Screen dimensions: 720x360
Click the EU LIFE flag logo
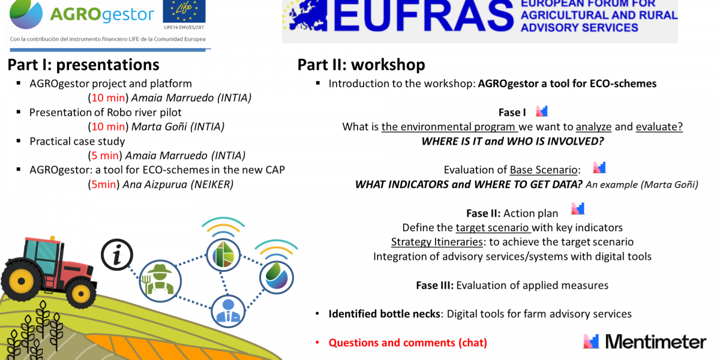tap(184, 11)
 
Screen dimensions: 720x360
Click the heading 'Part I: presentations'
tap(83, 65)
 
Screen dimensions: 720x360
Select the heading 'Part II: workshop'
tap(361, 65)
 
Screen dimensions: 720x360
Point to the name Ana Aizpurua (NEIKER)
tap(178, 185)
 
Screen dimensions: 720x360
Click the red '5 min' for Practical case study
tap(105, 155)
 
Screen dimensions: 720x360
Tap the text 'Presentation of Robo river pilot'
tap(106, 113)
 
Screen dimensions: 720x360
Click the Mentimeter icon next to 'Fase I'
tap(542, 111)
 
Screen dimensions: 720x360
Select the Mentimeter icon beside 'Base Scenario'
tap(599, 167)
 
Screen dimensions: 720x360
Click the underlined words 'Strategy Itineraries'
tap(437, 242)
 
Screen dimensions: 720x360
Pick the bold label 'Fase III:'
tap(435, 286)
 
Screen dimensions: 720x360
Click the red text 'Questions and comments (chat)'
tap(407, 343)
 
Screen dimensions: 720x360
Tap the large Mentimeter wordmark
tap(656, 341)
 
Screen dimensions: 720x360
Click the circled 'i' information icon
tap(117, 255)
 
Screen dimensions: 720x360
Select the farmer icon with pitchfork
tap(160, 281)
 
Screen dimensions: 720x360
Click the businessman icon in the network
tap(228, 311)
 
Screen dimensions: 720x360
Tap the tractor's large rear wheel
tap(22, 281)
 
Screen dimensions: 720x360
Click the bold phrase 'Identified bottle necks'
tap(384, 314)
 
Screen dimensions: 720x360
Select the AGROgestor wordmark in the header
tap(102, 14)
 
